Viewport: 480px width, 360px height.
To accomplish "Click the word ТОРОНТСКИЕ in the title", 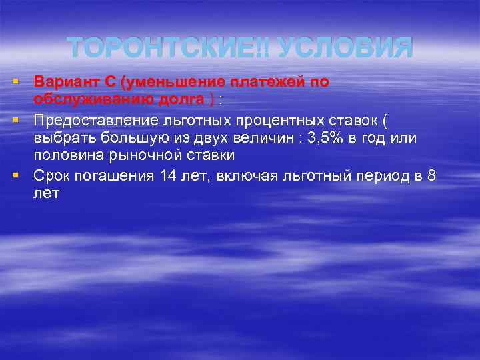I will [x=167, y=48].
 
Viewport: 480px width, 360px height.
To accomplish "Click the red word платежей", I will [x=269, y=83].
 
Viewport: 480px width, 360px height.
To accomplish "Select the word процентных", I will [x=271, y=121].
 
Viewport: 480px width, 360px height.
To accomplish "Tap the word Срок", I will [x=51, y=176].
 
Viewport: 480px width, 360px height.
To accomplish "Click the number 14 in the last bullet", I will [x=168, y=176].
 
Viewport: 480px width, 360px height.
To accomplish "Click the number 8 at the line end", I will [x=432, y=176].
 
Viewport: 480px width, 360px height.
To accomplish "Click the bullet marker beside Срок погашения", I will [x=15, y=175].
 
